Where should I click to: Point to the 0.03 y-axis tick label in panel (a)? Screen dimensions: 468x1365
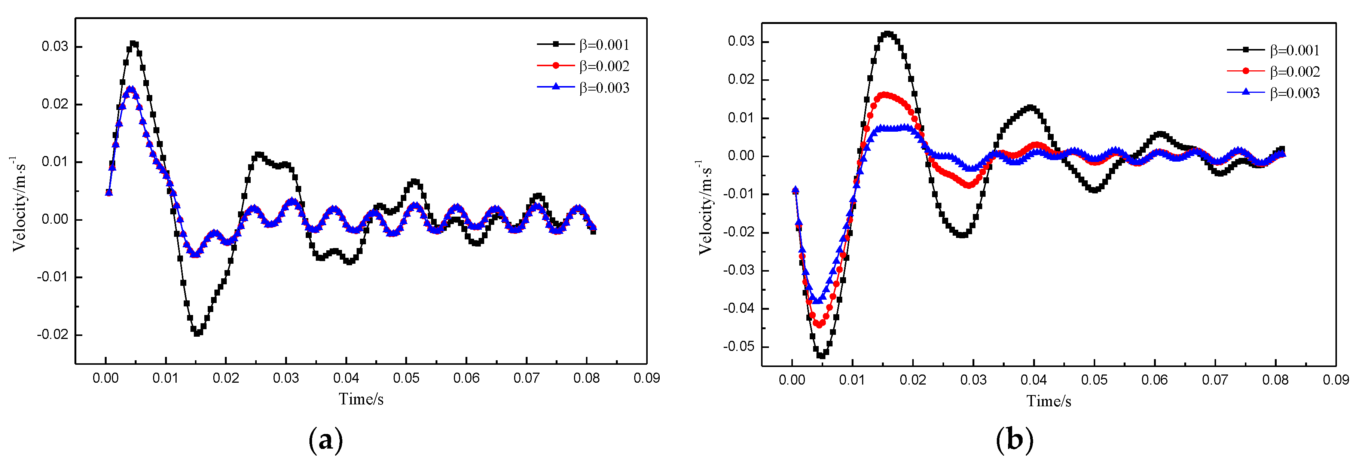click(55, 47)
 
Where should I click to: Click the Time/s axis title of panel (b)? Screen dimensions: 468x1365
click(1049, 401)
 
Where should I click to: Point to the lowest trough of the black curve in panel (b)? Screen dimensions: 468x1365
click(821, 356)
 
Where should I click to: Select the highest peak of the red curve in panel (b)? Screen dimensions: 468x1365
click(885, 95)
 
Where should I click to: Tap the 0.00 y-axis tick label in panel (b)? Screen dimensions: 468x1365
click(741, 156)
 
